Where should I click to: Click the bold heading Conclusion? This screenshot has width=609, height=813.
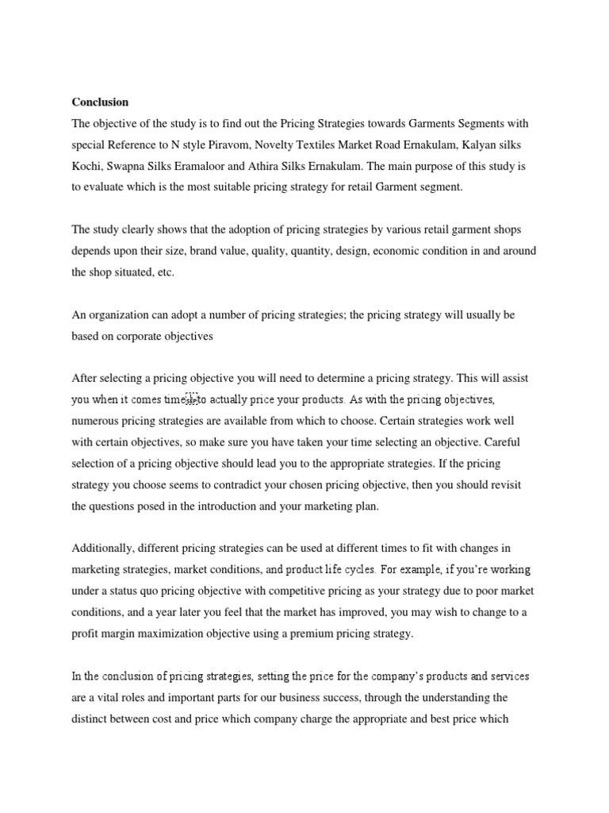pos(100,102)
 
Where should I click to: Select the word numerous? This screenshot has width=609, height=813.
pos(98,420)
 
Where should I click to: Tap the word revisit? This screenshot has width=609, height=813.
pos(503,484)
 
